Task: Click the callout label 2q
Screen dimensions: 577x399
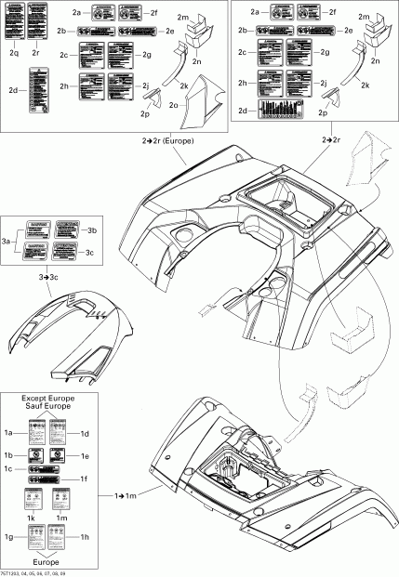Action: point(14,55)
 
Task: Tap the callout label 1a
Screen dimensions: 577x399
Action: point(9,434)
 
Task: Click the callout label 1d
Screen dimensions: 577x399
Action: point(84,434)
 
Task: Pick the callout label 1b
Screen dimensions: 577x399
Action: point(9,456)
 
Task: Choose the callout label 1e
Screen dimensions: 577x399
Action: point(84,456)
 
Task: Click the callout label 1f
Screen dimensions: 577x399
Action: point(84,479)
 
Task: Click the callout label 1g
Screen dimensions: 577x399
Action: point(9,537)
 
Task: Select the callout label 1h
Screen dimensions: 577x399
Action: point(84,537)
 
